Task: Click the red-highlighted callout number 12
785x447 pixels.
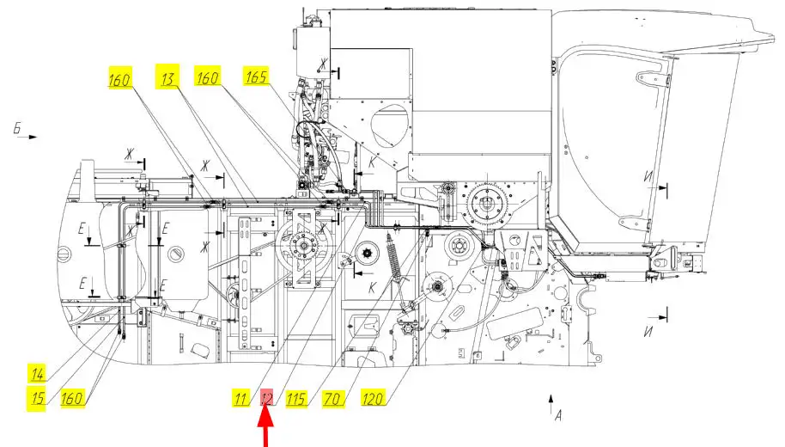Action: (267, 398)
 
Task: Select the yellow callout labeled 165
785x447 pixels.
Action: (256, 77)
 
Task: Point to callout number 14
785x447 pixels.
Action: (38, 373)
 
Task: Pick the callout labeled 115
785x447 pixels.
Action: (296, 398)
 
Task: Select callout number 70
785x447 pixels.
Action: (332, 398)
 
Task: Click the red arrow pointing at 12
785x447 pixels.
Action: (266, 428)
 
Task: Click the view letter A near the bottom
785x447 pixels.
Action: (558, 416)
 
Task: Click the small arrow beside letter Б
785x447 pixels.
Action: (27, 137)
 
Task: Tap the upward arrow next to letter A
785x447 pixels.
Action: (550, 402)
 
